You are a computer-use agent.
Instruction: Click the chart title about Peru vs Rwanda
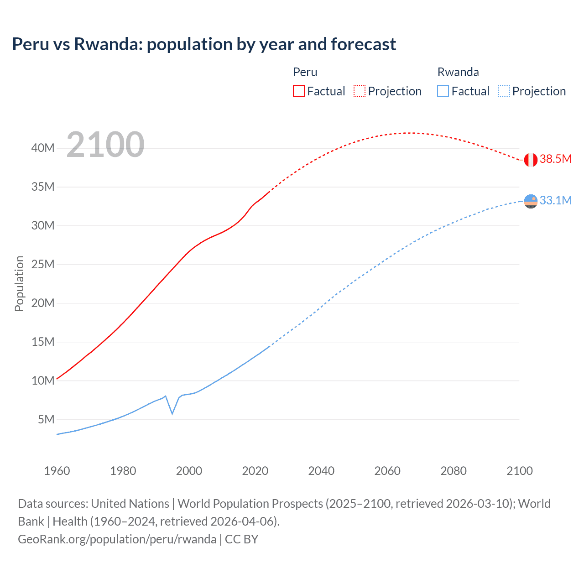(x=204, y=44)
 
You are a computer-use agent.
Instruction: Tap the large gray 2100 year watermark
(x=105, y=145)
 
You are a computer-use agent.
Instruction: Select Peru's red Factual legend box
(x=298, y=91)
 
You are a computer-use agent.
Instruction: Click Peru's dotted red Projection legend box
(x=360, y=91)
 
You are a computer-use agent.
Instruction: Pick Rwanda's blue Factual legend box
(x=443, y=91)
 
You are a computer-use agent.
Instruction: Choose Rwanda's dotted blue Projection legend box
(x=504, y=91)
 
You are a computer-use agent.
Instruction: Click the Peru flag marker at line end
(x=531, y=160)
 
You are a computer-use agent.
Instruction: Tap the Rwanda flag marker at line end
(x=531, y=201)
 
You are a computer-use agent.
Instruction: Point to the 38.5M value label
(x=555, y=159)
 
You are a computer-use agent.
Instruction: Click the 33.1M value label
(x=555, y=201)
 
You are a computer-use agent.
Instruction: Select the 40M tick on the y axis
(x=43, y=148)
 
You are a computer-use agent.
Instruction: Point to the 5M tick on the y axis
(x=46, y=419)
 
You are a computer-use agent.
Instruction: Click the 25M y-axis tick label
(x=43, y=264)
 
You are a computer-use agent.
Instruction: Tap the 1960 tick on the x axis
(x=57, y=471)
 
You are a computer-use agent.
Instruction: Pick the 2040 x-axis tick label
(x=321, y=471)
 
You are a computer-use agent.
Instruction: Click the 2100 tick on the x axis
(x=520, y=471)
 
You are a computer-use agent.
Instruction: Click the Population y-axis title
(x=19, y=283)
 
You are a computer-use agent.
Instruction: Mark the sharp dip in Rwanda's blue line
(x=172, y=413)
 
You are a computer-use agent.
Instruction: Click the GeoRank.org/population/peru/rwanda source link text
(x=117, y=539)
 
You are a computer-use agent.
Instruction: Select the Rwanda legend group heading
(x=458, y=72)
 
